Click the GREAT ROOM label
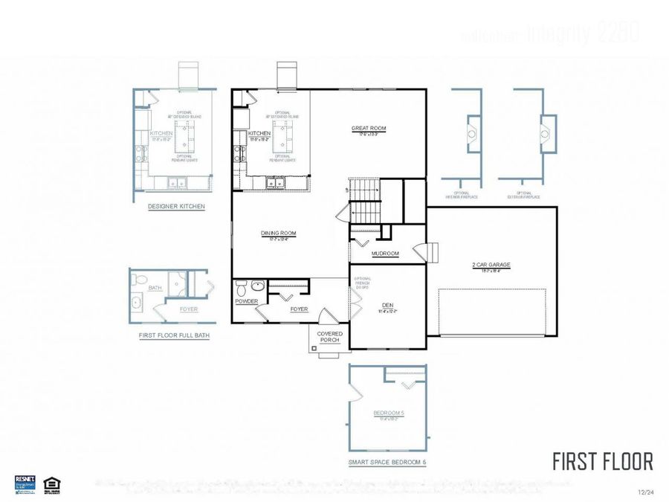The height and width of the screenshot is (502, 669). (369, 129)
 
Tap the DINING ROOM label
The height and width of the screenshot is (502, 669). (278, 234)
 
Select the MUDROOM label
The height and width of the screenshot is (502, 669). (385, 254)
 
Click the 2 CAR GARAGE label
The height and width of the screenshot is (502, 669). (491, 265)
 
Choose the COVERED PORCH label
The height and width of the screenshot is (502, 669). (330, 337)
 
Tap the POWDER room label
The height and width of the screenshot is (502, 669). (246, 301)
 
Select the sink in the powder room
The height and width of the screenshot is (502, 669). (257, 286)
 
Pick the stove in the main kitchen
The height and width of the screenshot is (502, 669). (239, 154)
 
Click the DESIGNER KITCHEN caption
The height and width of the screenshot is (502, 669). (176, 206)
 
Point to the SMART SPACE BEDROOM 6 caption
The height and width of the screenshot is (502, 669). (387, 462)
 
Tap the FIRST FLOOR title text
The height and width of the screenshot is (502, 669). (602, 461)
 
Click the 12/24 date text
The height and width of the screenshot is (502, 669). (645, 492)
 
